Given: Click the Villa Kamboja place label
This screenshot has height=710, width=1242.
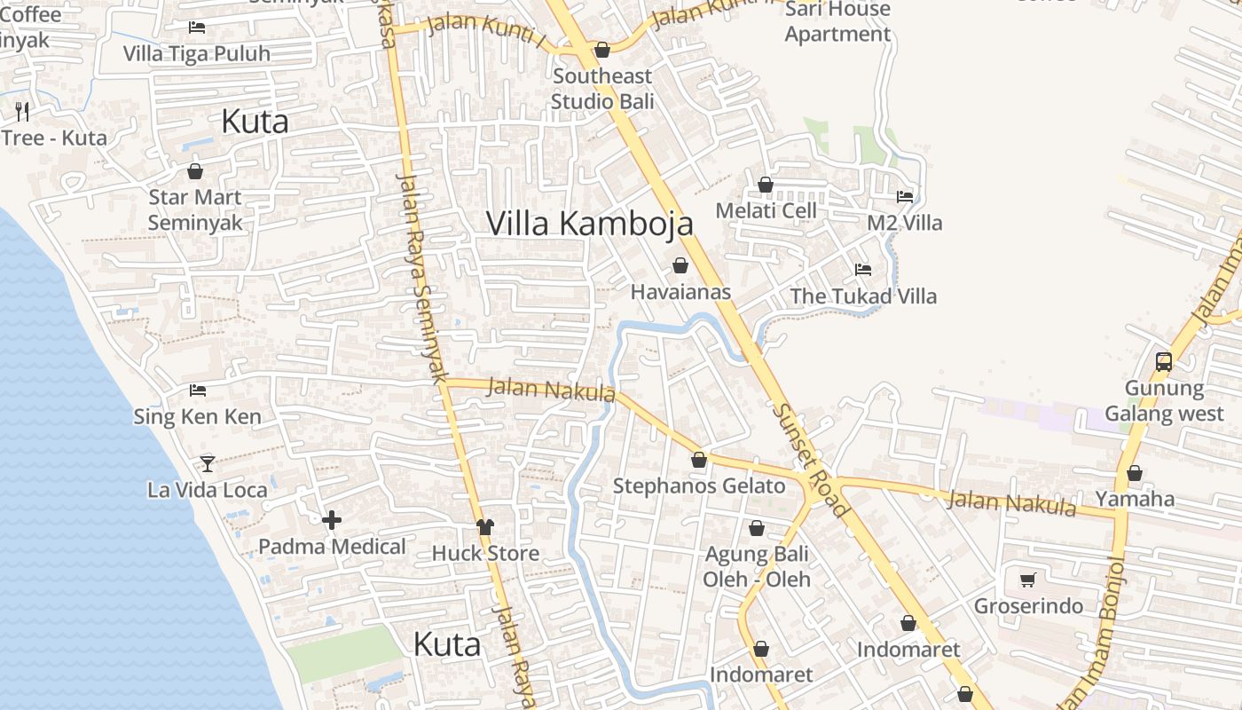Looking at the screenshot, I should [589, 223].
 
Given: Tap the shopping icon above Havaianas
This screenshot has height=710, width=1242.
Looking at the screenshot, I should [680, 265].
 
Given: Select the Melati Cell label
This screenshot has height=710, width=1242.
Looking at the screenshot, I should [766, 210].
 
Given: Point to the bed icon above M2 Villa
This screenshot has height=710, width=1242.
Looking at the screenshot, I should [905, 196].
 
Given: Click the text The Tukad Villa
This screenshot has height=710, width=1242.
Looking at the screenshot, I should [862, 296].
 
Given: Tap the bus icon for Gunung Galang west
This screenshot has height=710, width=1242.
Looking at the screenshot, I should [1164, 361].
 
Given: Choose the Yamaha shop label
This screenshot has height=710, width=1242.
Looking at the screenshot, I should [1135, 499].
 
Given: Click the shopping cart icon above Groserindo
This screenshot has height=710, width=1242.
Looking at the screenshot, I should [1028, 580].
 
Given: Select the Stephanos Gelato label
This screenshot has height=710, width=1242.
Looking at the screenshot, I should [699, 485].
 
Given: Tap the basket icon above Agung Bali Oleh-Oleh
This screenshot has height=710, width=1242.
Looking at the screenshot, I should [757, 529].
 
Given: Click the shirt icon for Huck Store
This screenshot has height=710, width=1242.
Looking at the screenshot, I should [484, 527].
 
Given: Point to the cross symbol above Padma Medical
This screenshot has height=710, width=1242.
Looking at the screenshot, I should [332, 520].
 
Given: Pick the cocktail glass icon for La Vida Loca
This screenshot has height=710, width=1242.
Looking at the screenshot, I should [208, 463].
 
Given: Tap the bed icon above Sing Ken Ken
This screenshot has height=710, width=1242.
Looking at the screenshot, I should [198, 390].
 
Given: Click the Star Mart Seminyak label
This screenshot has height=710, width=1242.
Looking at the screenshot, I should [195, 209].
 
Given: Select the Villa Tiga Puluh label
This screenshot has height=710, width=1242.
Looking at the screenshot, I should [196, 53].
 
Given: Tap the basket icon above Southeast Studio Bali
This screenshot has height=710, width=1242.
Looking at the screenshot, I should [602, 50].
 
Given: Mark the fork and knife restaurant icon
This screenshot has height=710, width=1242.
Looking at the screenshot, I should [22, 111].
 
